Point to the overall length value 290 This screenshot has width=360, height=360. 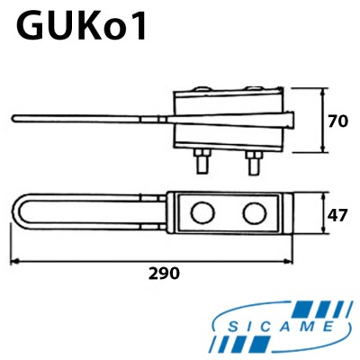pos(164,273)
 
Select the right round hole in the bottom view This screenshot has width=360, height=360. pos(255,213)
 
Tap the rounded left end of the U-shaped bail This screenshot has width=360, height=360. pos(19,214)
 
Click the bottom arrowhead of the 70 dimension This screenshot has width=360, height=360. pos(322,149)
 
